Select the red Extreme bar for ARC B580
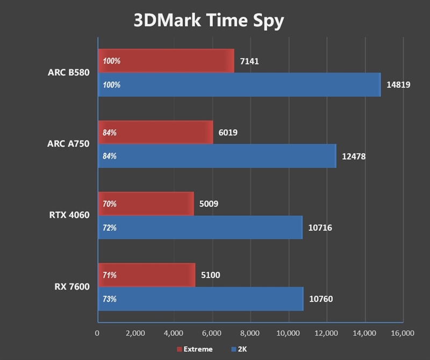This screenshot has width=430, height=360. point(166,61)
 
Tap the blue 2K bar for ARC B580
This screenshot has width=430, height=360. point(239,84)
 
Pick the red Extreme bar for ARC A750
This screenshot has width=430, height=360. point(155,132)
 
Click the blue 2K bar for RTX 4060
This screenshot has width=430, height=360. point(199,228)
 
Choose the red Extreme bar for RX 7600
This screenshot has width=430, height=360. point(146,275)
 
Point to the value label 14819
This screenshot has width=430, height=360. point(398,84)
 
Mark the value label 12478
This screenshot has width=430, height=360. point(354,156)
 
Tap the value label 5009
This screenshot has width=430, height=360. point(209,204)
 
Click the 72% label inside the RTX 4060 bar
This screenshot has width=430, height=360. point(109,228)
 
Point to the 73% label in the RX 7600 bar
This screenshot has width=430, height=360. point(109,299)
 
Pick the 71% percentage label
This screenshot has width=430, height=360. point(109,275)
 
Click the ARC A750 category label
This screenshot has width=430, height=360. point(68,144)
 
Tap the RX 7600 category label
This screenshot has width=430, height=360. point(71,287)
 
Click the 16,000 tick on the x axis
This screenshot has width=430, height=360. point(402,333)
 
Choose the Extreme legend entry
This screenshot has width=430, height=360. point(195,349)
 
